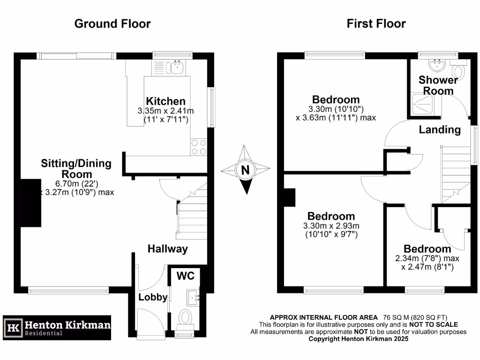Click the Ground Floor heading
(112, 23)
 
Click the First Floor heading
(376, 23)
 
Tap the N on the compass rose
(245, 170)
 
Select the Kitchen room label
(165, 101)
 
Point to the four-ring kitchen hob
(198, 147)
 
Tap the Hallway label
(167, 249)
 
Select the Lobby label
(153, 297)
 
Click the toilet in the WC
(186, 318)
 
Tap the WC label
(185, 275)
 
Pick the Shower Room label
(438, 85)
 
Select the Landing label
(440, 129)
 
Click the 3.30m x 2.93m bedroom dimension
(331, 226)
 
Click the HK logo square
(13, 327)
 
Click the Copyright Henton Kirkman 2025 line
(358, 338)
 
